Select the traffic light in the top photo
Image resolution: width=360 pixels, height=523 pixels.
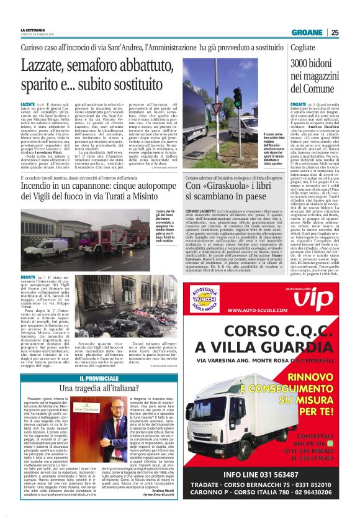(x=236, y=100)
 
